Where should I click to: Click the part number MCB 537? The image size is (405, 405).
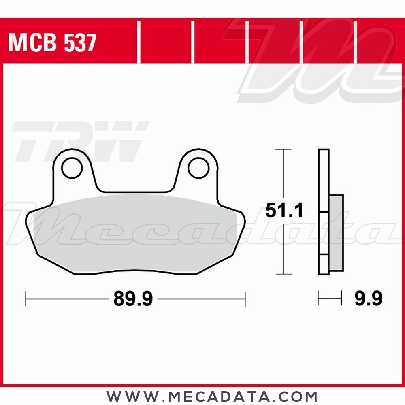point(52,43)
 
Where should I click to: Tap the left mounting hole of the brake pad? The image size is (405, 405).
point(72,167)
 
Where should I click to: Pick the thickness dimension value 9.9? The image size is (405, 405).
point(368,300)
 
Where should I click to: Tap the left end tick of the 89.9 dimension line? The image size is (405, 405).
point(26,299)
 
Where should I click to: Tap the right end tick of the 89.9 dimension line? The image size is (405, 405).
point(245,299)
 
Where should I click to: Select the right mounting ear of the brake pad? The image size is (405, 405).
point(198,170)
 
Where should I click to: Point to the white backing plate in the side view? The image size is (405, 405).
point(324,182)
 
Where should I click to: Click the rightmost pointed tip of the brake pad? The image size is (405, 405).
point(245,222)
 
